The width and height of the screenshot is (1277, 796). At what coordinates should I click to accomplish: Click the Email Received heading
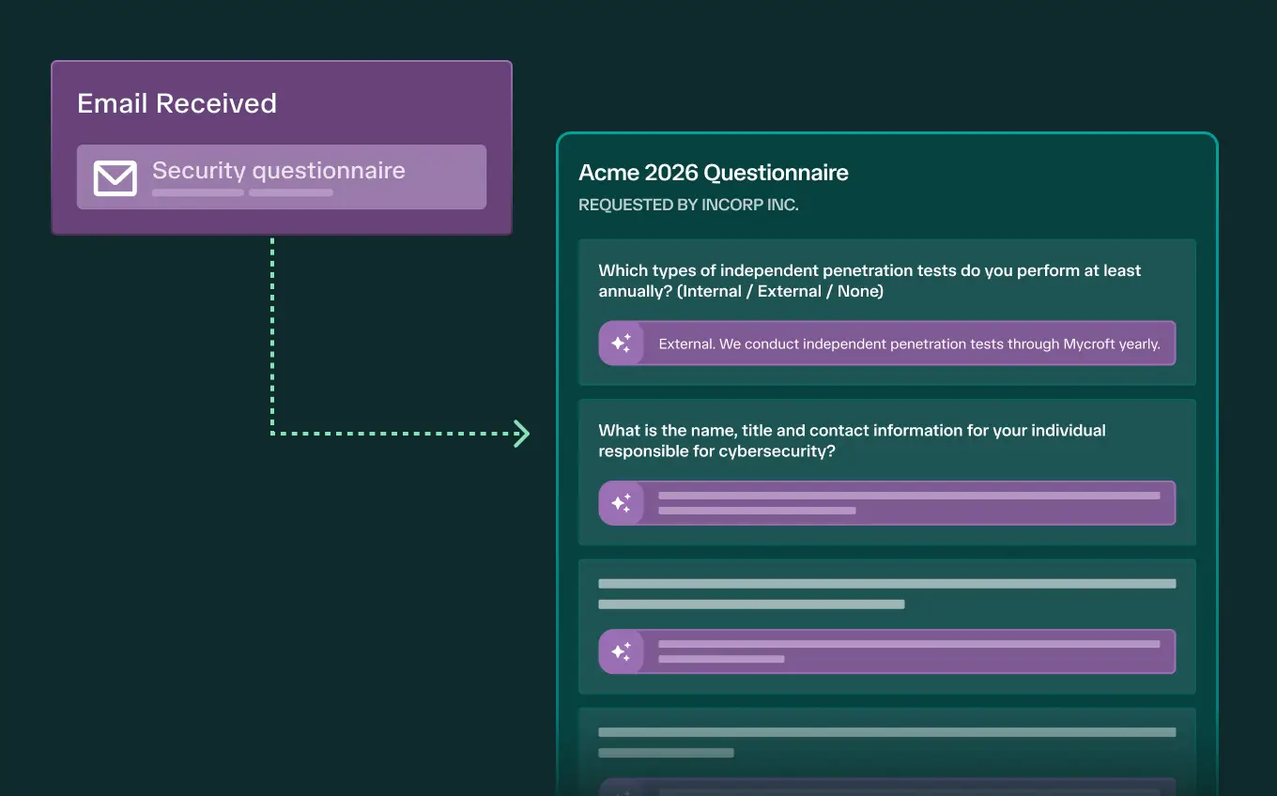coord(177,103)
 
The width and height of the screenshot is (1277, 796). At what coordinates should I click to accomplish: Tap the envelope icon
coord(115,177)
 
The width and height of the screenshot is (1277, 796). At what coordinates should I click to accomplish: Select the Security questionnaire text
coord(279,170)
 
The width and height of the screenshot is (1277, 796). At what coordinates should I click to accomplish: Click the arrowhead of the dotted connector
coord(522,434)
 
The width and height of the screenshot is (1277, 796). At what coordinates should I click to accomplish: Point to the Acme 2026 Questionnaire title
coord(714,173)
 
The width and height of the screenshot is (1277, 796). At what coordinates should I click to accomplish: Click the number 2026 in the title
coord(671,173)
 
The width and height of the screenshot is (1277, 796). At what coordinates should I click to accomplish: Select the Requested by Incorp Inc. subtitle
coord(688,205)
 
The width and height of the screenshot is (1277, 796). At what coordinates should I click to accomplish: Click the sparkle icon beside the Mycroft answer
coord(621,343)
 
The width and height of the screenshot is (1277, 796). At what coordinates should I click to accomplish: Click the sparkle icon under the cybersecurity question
coord(621,503)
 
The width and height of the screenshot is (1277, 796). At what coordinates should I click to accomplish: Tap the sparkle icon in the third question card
coord(621,651)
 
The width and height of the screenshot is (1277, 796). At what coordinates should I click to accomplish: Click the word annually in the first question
coord(635,292)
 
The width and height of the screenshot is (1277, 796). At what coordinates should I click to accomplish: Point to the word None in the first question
coord(857,291)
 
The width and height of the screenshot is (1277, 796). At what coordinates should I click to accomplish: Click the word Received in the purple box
coord(216,103)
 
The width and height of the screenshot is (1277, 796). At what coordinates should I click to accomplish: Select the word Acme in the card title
coord(608,173)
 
